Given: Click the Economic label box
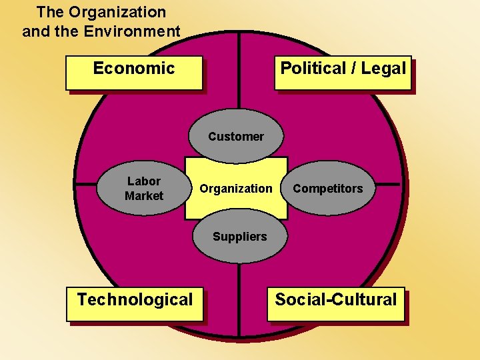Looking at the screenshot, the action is pos(133,72).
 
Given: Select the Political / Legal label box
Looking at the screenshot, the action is pos(343,72).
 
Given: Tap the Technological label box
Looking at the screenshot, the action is pos(134,303).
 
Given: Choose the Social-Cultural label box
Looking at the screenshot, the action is pos(335,303).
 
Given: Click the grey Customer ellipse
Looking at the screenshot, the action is pos(236,136).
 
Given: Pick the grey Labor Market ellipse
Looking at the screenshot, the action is pos(143,189).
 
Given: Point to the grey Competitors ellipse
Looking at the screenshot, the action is pos(328,189).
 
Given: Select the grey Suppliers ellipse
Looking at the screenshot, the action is pos(239,237).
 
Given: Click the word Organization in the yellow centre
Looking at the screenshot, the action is pos(236,189).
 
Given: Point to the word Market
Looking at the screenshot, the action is pos(143,196).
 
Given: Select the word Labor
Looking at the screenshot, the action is pos(144,181).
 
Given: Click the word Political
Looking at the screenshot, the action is pos(313,68).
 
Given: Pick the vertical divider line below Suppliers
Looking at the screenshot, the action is pos(239,293).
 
